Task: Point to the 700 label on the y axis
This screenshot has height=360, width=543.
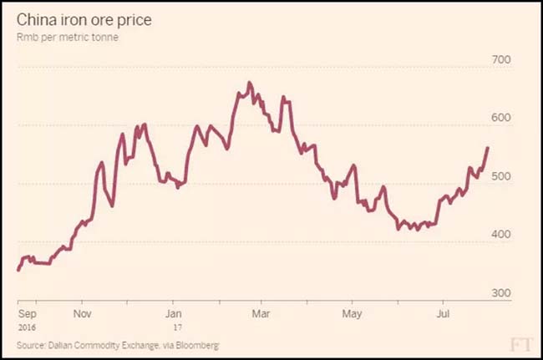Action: pos(500,59)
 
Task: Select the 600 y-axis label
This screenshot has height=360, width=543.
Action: pos(500,118)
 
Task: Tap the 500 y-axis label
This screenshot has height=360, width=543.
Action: pos(500,176)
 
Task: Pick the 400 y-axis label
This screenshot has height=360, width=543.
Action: pos(500,235)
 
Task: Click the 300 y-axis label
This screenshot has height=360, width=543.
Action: pos(500,293)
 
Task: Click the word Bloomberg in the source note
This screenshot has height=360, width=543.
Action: pos(198,344)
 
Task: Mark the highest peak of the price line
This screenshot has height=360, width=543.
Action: pos(250,83)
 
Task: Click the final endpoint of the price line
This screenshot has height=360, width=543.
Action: pos(488,147)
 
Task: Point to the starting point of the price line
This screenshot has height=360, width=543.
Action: pos(18,270)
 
